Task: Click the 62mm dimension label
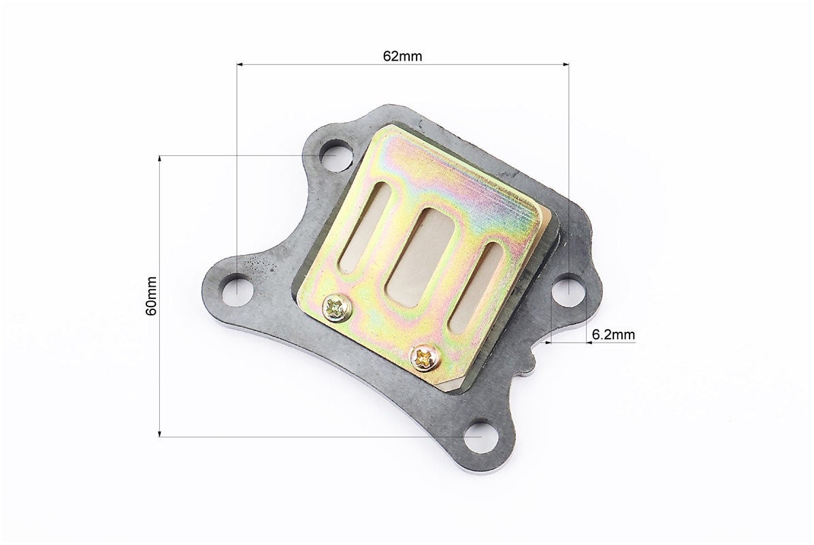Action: (x=402, y=56)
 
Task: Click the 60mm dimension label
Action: (x=151, y=296)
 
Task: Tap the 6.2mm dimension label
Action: (x=613, y=334)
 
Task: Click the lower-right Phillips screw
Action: (x=425, y=358)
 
